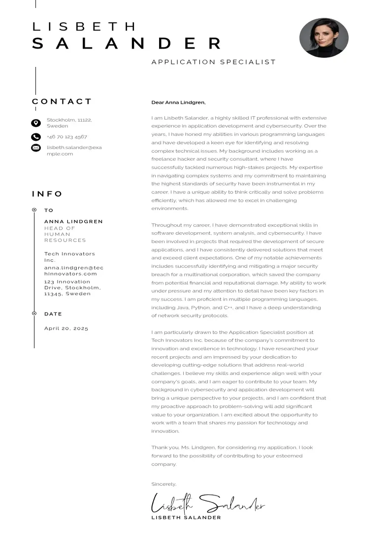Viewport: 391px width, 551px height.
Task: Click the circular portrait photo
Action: pos(324,38)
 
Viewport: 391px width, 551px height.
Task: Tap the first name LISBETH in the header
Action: pos(84,27)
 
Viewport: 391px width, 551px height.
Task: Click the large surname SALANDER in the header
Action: pos(127,44)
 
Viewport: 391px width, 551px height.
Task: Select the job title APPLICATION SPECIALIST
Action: pos(213,62)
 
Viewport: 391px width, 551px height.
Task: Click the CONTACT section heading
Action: pos(62,102)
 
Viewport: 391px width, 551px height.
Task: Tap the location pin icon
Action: pos(36,123)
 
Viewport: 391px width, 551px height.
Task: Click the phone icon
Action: pos(36,137)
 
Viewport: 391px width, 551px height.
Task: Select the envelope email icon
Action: pos(36,148)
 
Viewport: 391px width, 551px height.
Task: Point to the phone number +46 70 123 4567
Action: pos(67,137)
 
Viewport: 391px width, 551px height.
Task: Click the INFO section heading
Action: pos(47,194)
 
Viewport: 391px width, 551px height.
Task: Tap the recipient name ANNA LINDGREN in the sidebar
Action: pos(73,221)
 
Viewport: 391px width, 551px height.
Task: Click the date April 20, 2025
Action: pos(66,328)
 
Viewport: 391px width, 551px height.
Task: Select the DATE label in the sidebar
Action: pos(53,314)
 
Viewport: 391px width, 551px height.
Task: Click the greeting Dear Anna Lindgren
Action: pos(178,102)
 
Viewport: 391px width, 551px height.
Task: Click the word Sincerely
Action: pos(163,484)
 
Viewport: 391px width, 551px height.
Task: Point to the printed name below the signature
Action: pos(186,518)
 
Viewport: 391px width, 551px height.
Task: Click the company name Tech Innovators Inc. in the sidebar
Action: pos(69,257)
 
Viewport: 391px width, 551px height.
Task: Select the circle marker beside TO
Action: pos(34,210)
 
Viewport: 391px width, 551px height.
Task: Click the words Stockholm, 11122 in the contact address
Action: pos(69,120)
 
